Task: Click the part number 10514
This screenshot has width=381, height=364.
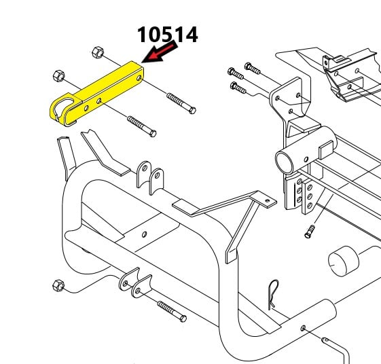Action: [168, 35]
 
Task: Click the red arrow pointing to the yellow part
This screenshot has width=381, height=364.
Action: [160, 52]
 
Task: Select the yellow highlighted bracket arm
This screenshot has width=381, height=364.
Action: [96, 94]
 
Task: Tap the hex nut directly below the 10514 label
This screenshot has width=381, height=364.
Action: [98, 52]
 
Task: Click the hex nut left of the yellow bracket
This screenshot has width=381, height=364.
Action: [59, 76]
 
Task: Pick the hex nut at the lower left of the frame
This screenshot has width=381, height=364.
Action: [58, 285]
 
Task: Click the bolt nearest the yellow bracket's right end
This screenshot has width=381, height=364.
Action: [181, 103]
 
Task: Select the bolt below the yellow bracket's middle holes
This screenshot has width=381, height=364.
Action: [142, 126]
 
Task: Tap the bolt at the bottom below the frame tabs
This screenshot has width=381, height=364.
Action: [172, 312]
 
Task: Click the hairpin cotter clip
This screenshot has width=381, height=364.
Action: [273, 295]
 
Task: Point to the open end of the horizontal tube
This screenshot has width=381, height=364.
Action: [284, 162]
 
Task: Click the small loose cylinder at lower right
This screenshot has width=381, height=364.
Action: [344, 261]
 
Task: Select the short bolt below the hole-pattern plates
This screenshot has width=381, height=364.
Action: [310, 232]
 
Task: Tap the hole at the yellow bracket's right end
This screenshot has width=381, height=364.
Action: [139, 78]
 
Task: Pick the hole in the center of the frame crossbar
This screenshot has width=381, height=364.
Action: [144, 234]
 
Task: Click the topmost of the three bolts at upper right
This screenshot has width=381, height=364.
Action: [253, 69]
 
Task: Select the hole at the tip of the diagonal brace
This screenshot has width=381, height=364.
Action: [268, 201]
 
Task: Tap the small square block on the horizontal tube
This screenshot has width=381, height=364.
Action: [325, 149]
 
